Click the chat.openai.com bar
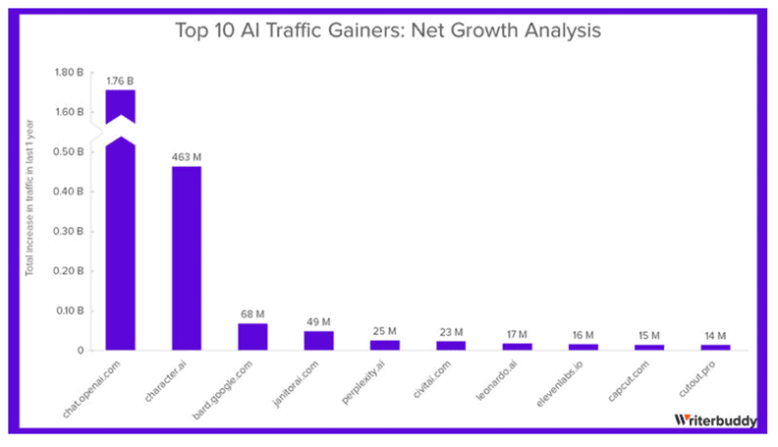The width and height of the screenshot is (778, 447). (120, 246)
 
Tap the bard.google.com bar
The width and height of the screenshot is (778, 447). (252, 336)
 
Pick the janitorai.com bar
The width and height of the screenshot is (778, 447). (318, 340)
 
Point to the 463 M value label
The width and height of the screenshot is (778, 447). (186, 156)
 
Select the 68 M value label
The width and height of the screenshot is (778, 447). (252, 314)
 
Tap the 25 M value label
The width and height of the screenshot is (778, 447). (384, 331)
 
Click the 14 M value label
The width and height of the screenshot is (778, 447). (714, 335)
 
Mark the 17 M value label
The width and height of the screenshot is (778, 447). (516, 334)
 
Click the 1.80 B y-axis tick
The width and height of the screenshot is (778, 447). (72, 72)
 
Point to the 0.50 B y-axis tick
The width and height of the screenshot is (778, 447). (72, 151)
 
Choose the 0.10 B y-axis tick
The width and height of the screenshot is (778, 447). (72, 310)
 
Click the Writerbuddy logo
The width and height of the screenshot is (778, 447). (714, 419)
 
